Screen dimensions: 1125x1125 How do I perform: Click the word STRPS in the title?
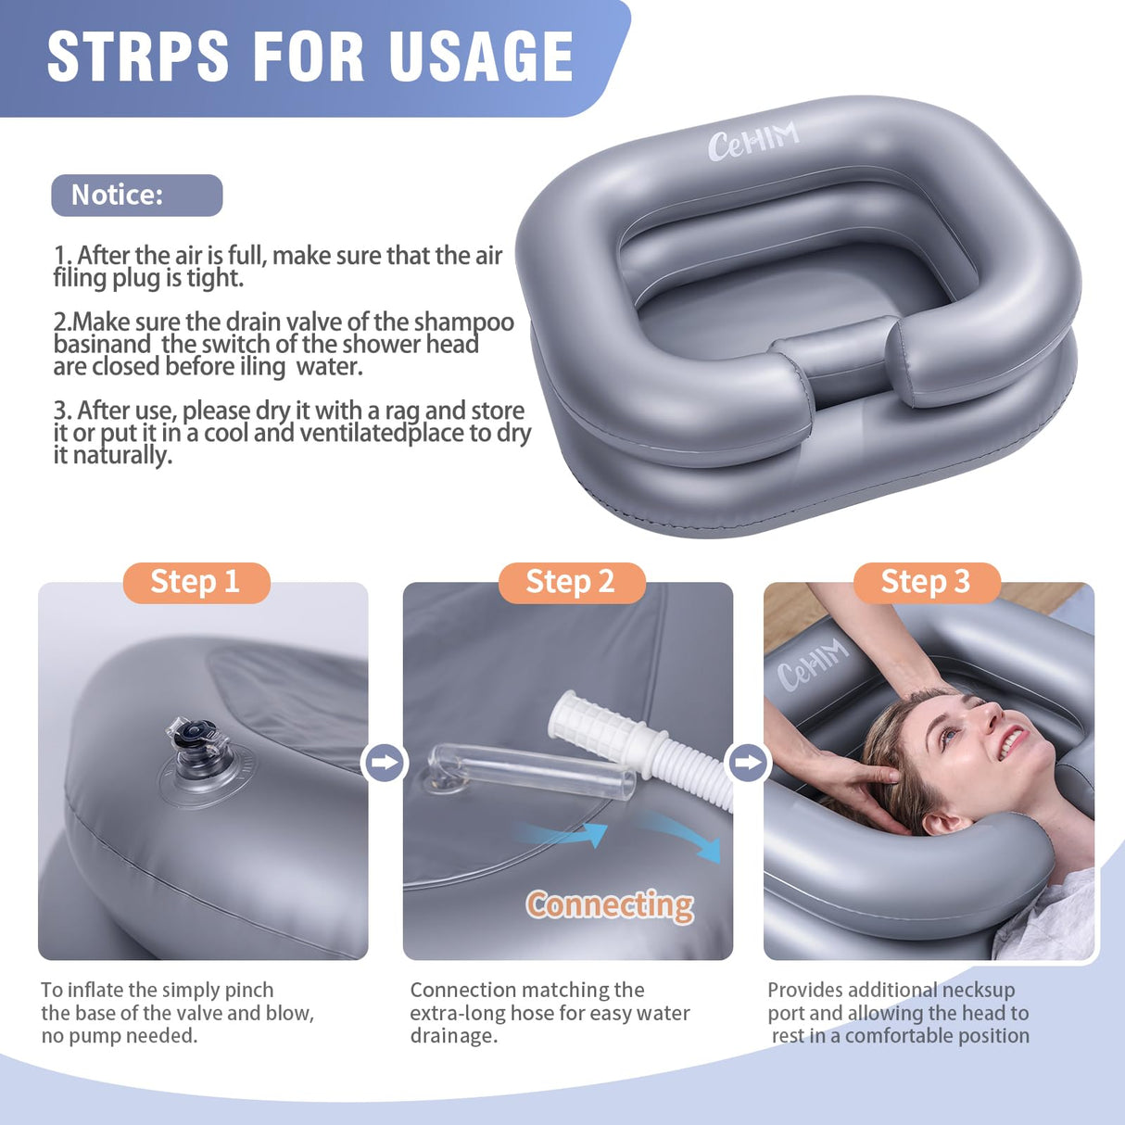pyautogui.click(x=138, y=57)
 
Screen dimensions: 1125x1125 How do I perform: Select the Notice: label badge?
pyautogui.click(x=136, y=196)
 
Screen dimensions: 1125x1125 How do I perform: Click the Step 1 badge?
pyautogui.click(x=196, y=583)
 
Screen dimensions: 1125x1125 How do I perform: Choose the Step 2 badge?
pyautogui.click(x=571, y=583)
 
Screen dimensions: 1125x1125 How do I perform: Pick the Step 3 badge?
pyautogui.click(x=926, y=583)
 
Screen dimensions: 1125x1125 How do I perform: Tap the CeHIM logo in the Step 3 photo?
pyautogui.click(x=812, y=664)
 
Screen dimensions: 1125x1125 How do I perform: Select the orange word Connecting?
pyautogui.click(x=610, y=904)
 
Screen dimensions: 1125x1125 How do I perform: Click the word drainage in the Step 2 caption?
pyautogui.click(x=453, y=1036)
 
